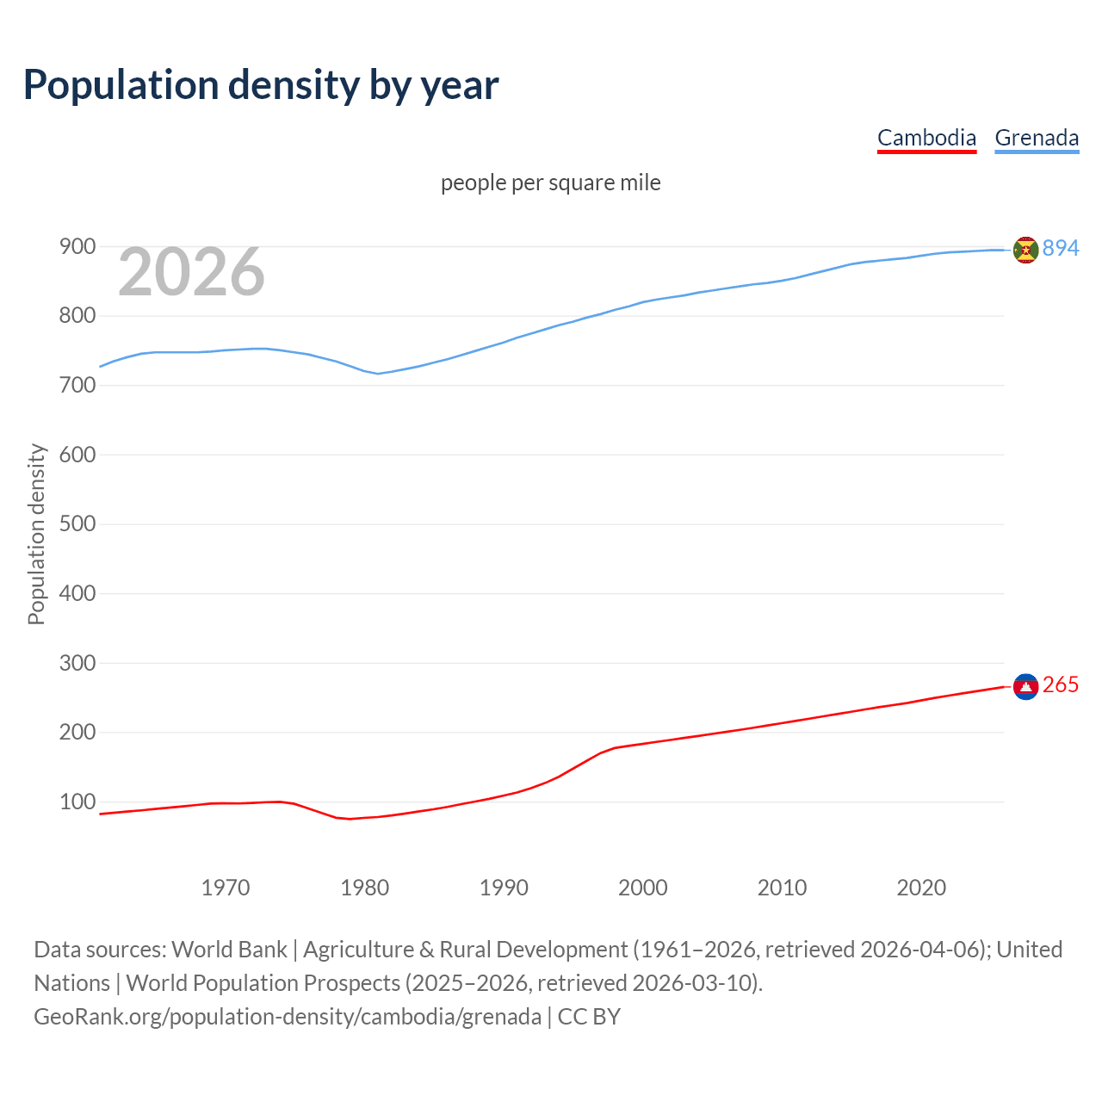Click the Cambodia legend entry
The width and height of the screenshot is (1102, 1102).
click(926, 138)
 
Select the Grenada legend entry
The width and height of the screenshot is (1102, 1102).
click(1037, 138)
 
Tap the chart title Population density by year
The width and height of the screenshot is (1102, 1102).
click(261, 85)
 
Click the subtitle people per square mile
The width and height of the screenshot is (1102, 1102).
click(550, 183)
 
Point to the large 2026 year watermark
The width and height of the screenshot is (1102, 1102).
click(191, 272)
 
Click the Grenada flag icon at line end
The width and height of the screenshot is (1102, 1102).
click(1025, 250)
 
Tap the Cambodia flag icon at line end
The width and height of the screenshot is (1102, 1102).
click(1025, 686)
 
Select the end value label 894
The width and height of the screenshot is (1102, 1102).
click(1060, 248)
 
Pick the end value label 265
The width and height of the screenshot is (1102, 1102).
click(1060, 684)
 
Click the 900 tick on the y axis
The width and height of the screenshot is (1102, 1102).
click(77, 247)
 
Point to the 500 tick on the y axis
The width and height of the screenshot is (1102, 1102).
click(77, 524)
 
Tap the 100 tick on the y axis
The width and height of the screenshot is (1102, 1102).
click(77, 802)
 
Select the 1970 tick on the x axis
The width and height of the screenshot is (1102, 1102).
click(226, 888)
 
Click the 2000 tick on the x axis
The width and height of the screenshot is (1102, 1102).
click(643, 888)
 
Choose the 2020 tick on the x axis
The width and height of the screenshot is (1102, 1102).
click(921, 888)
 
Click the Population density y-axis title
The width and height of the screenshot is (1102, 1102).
click(36, 534)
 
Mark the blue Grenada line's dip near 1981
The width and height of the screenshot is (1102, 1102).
click(378, 374)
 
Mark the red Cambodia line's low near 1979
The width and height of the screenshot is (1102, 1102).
click(350, 819)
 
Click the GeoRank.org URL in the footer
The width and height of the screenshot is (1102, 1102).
click(288, 1017)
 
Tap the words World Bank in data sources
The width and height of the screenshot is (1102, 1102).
click(229, 950)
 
